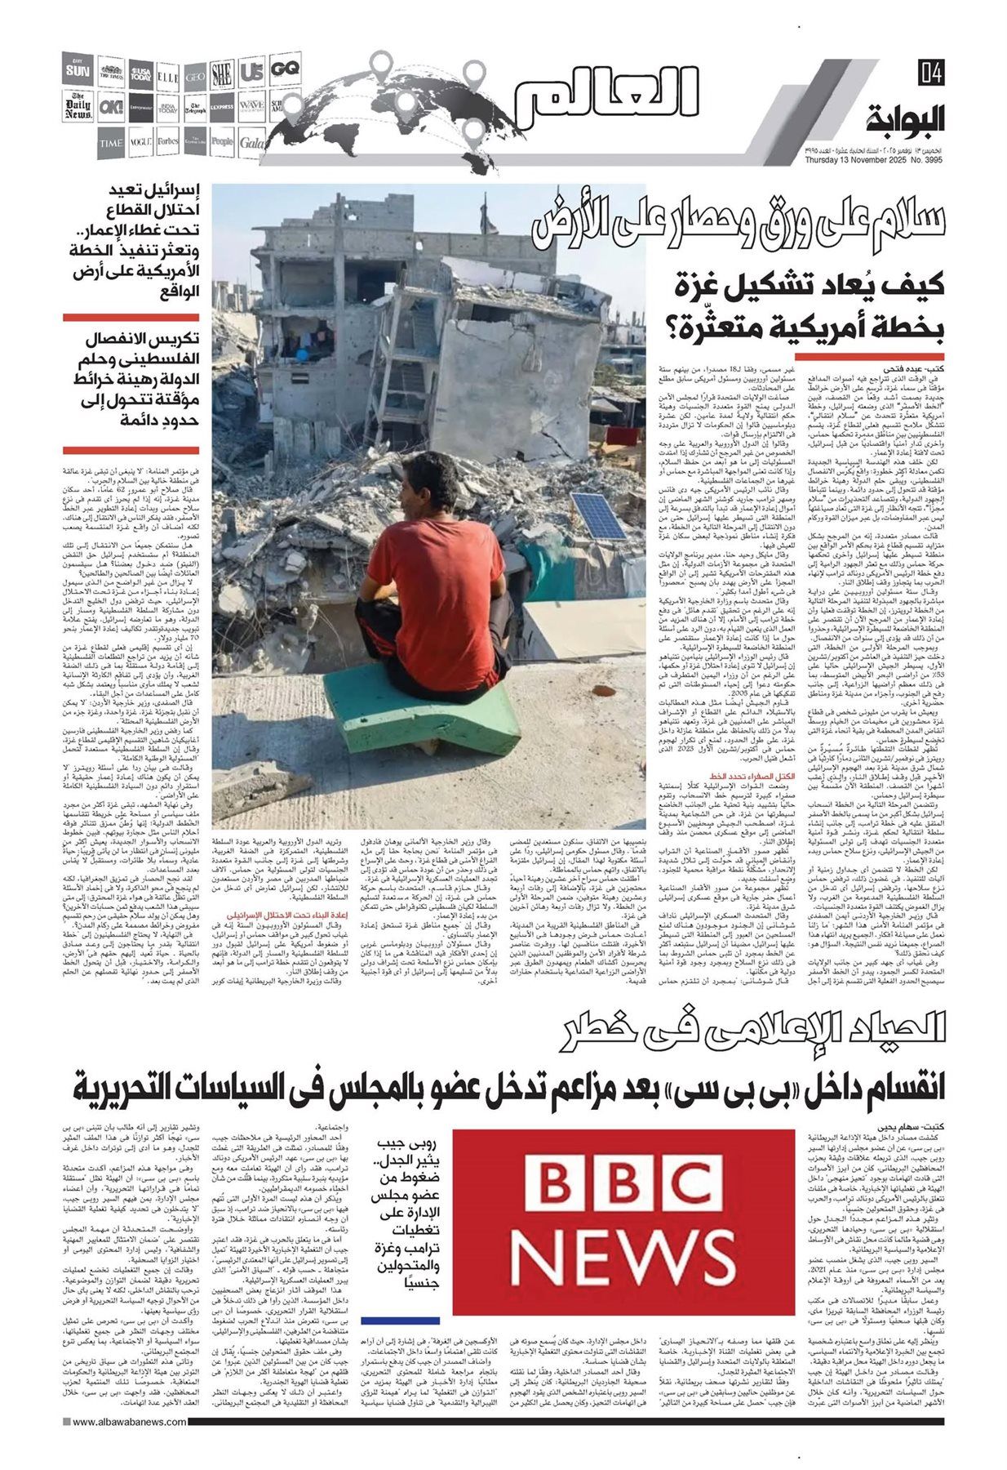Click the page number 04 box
point(930,73)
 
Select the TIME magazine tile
point(111,142)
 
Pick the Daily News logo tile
point(79,108)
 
